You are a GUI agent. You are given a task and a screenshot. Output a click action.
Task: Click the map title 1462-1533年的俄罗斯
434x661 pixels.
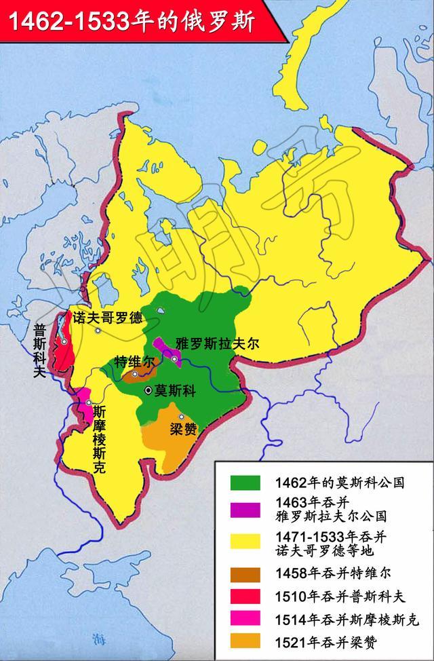[129, 21]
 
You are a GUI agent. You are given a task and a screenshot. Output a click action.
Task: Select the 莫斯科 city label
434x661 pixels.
[175, 392]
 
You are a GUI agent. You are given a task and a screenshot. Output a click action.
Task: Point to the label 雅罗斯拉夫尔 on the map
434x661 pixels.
[217, 343]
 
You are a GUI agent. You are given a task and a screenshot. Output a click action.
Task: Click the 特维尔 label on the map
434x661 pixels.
[134, 361]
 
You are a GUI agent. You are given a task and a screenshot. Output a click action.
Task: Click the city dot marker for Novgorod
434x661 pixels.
[99, 330]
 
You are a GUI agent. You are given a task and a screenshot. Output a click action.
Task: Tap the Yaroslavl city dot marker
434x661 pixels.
[175, 358]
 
